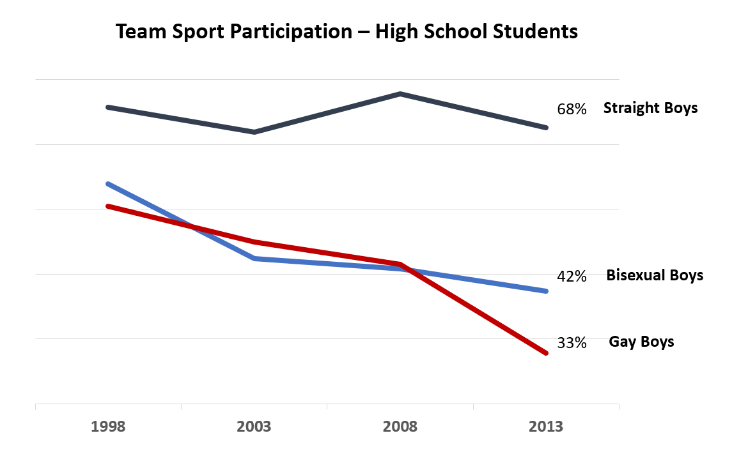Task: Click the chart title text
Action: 347,31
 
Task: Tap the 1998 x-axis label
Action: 108,427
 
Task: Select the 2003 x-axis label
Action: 254,427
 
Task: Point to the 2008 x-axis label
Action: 400,427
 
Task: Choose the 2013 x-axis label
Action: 546,427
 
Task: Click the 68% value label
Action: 572,109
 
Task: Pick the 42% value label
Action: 572,277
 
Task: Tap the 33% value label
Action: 572,343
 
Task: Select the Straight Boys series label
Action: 650,108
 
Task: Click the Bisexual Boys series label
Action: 655,275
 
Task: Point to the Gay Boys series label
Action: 641,342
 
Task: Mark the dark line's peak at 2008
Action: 400,94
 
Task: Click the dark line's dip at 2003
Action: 254,132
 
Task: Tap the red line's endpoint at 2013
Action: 547,352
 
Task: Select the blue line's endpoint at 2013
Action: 547,291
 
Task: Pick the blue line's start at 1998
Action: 108,184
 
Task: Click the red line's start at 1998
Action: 108,206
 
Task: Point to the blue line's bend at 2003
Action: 254,259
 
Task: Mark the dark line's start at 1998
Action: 108,107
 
